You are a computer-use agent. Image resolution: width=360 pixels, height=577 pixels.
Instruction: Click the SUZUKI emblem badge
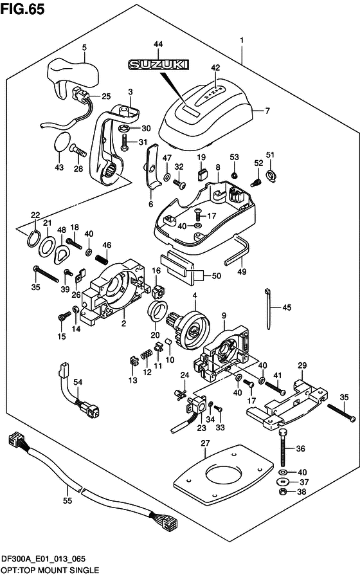pyautogui.click(x=158, y=65)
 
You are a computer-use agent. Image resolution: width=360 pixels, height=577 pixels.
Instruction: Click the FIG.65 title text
pyautogui.click(x=22, y=9)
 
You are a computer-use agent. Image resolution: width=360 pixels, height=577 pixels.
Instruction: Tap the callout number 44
pyautogui.click(x=157, y=44)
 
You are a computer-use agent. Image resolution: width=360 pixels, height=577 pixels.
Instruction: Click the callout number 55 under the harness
pyautogui.click(x=67, y=501)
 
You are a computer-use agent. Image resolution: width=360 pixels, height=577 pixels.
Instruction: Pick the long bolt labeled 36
pyautogui.click(x=283, y=446)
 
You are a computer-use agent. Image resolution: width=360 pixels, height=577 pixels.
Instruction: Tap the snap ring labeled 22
pyautogui.click(x=33, y=239)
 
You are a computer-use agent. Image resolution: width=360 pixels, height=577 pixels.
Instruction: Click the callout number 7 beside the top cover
pyautogui.click(x=267, y=111)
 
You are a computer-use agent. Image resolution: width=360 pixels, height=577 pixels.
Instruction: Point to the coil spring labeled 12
pyautogui.click(x=147, y=354)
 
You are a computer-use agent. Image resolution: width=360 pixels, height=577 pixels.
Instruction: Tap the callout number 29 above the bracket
pyautogui.click(x=302, y=365)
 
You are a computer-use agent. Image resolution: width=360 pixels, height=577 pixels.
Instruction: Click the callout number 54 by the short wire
pyautogui.click(x=78, y=382)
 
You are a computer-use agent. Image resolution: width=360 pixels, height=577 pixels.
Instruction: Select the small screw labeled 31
pyautogui.click(x=124, y=142)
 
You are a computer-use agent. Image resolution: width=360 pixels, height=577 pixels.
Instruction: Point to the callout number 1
pyautogui.click(x=242, y=41)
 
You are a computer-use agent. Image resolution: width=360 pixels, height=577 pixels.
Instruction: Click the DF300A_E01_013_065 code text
pyautogui.click(x=43, y=560)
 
